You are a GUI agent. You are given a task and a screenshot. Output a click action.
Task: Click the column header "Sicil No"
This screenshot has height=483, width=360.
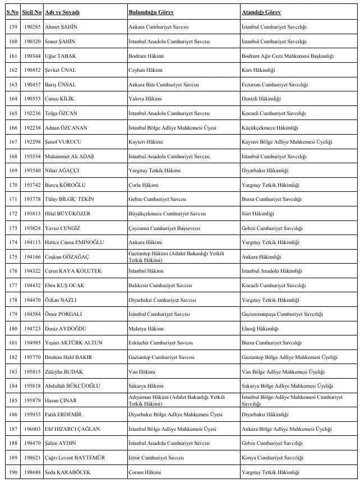[32, 12]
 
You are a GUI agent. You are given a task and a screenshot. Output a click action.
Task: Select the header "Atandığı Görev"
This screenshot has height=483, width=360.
[261, 12]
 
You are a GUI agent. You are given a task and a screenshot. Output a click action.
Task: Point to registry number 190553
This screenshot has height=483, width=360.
[32, 99]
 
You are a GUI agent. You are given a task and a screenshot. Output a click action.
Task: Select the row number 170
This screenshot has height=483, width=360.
[11, 185]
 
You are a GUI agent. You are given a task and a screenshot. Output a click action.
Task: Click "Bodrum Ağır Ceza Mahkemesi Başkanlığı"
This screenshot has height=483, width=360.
[287, 56]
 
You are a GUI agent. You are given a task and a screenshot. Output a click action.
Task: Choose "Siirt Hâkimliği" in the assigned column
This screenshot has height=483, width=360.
[257, 214]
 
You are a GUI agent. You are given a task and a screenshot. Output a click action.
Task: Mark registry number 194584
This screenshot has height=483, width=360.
[32, 314]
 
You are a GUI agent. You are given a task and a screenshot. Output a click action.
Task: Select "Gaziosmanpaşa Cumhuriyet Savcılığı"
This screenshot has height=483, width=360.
[282, 314]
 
